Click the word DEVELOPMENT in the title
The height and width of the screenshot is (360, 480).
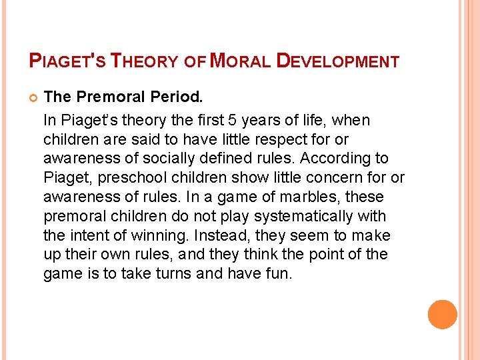click(337, 61)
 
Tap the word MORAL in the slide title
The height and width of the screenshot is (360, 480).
click(239, 61)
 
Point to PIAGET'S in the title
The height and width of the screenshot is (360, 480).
click(67, 61)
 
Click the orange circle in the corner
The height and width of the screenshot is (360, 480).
click(442, 315)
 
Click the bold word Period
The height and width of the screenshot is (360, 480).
click(177, 97)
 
